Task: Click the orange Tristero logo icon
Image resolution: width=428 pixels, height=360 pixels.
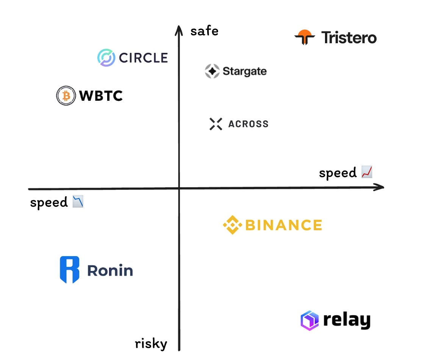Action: point(304,37)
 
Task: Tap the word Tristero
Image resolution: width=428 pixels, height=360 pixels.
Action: point(349,38)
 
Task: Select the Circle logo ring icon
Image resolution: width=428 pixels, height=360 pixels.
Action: point(106,58)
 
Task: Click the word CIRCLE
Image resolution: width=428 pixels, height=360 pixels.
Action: point(143,58)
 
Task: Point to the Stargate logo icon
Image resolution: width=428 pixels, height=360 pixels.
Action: point(212,71)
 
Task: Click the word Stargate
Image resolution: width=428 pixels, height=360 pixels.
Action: point(245,71)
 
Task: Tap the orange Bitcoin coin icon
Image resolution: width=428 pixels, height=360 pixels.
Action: point(66,95)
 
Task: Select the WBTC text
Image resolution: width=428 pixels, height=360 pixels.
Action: point(101,95)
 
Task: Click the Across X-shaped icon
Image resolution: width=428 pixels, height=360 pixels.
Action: point(216,124)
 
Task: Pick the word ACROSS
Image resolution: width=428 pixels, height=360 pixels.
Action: point(248,124)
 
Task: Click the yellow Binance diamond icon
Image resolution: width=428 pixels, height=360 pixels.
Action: point(232,225)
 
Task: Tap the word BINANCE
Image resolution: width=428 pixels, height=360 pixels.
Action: point(284,225)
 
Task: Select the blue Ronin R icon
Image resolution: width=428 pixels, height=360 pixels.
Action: point(70,270)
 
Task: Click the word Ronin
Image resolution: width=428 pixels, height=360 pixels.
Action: point(110,271)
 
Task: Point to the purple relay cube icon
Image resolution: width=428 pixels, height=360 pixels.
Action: point(309,321)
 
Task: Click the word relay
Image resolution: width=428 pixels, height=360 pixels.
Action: point(347,321)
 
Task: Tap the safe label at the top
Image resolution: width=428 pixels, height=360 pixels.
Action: point(205,31)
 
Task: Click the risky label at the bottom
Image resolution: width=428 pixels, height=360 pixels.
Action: point(151,344)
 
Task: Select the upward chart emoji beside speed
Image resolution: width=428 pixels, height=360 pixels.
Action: point(367,172)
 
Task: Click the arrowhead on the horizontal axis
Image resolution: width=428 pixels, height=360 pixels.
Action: point(380,187)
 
